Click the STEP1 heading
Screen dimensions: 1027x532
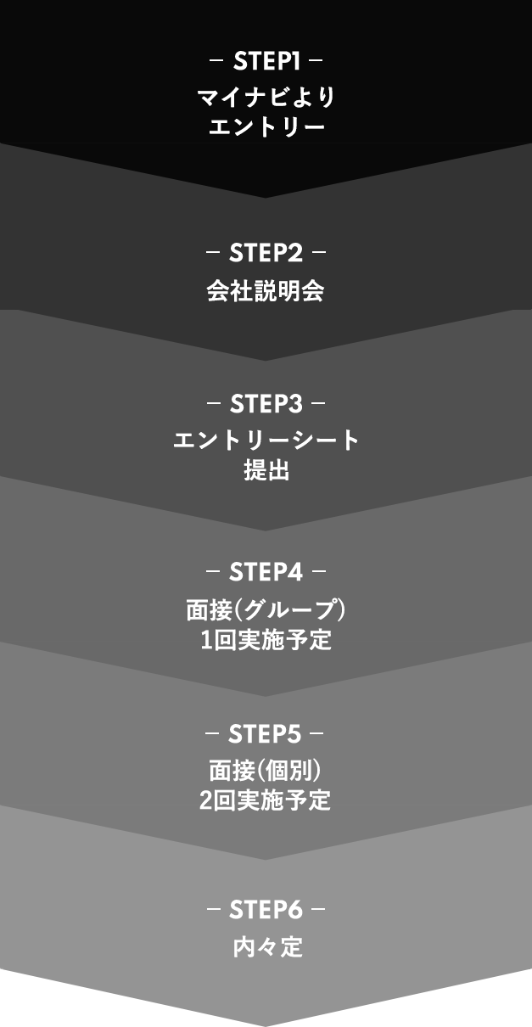pyautogui.click(x=266, y=62)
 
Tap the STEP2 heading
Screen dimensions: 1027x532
pyautogui.click(x=266, y=253)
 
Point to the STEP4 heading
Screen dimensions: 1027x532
pyautogui.click(x=266, y=571)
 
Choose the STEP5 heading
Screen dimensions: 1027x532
pyautogui.click(x=266, y=732)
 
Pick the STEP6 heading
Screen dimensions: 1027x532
pyautogui.click(x=266, y=911)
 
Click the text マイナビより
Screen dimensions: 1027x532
pyautogui.click(x=266, y=98)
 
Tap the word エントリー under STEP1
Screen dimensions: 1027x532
pyautogui.click(x=266, y=128)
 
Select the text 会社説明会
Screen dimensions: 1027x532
pyautogui.click(x=266, y=292)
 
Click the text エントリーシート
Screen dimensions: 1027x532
pyautogui.click(x=266, y=441)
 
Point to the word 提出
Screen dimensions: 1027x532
pyautogui.click(x=266, y=471)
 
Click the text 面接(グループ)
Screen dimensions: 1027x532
pyautogui.click(x=266, y=609)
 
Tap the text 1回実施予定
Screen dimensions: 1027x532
pyautogui.click(x=266, y=640)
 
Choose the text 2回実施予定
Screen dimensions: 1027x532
pyautogui.click(x=266, y=800)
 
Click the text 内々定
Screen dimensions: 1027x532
pyautogui.click(x=266, y=947)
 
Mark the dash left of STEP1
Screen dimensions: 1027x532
pyautogui.click(x=216, y=62)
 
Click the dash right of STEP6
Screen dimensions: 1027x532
pyautogui.click(x=318, y=911)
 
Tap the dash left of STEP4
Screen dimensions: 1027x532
pyautogui.click(x=213, y=571)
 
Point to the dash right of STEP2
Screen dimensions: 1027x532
pyautogui.click(x=319, y=253)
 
